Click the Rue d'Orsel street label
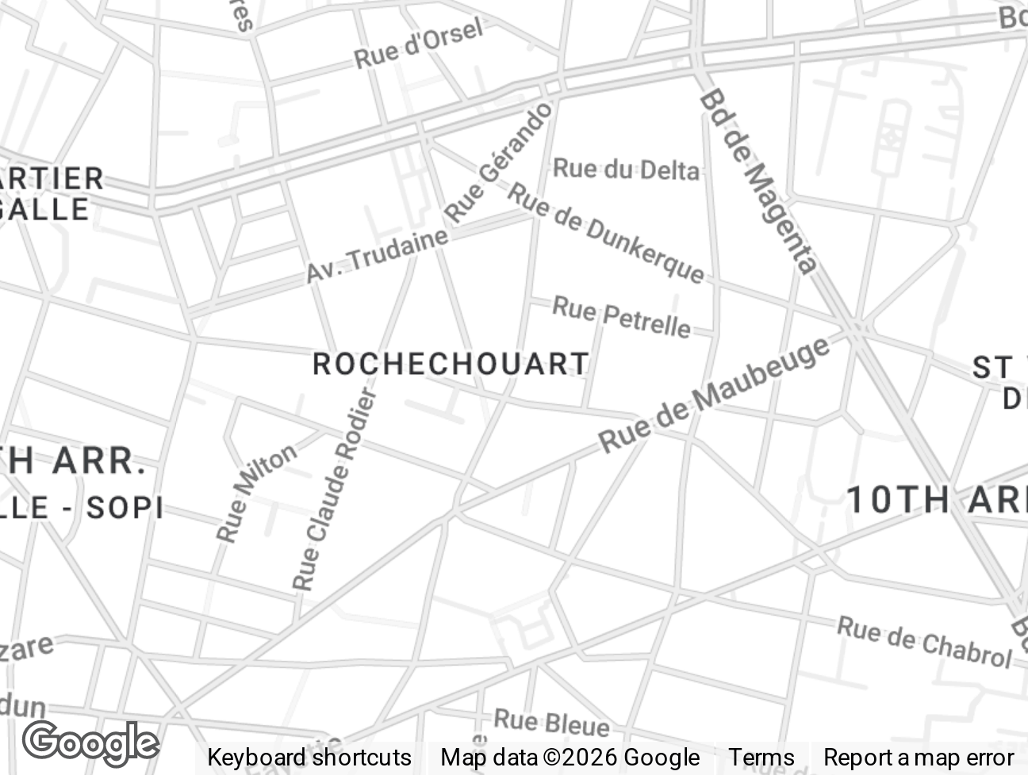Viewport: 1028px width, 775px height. click(x=418, y=44)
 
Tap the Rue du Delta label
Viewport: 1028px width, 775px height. click(x=626, y=169)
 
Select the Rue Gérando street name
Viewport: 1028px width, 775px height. click(x=498, y=162)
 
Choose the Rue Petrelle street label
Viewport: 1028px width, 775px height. click(x=621, y=316)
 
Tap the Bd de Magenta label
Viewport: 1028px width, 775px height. click(x=758, y=181)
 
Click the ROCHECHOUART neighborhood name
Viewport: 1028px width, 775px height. click(x=451, y=365)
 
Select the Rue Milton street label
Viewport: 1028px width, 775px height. click(x=255, y=493)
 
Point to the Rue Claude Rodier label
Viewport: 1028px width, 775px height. click(x=334, y=489)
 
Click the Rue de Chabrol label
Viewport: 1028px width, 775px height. click(x=925, y=642)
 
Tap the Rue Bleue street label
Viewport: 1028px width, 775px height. click(x=551, y=722)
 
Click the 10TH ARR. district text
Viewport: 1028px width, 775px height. click(x=936, y=500)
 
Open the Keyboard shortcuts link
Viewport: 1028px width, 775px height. click(x=309, y=758)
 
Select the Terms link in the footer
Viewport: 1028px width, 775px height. click(x=761, y=758)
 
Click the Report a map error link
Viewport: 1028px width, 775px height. click(x=919, y=758)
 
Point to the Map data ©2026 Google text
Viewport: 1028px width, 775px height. click(x=570, y=758)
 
